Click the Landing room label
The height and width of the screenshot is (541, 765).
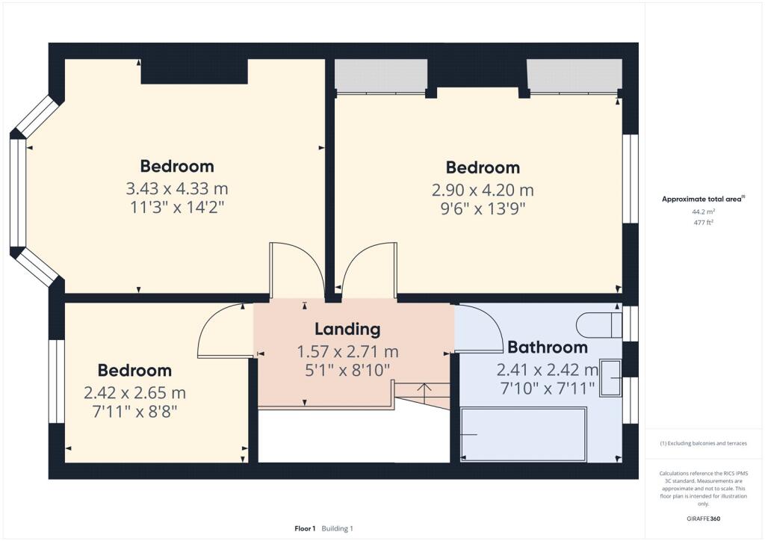[x=347, y=329]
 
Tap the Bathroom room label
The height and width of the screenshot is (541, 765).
[x=547, y=347]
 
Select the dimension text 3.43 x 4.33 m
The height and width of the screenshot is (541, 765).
[x=177, y=188]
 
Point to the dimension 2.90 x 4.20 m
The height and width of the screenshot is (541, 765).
[x=483, y=190]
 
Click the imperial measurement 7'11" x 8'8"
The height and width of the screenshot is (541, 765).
[x=134, y=411]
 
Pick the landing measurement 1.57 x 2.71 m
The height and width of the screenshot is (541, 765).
[x=347, y=351]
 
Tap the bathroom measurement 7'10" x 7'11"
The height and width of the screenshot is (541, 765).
[x=548, y=387]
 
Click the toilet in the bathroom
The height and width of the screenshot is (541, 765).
[x=598, y=325]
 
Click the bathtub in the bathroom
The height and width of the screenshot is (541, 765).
[x=522, y=434]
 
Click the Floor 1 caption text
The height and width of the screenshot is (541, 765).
[x=305, y=528]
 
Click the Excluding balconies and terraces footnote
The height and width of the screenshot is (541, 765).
[x=703, y=443]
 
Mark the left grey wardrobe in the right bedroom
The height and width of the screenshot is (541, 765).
[x=380, y=75]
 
